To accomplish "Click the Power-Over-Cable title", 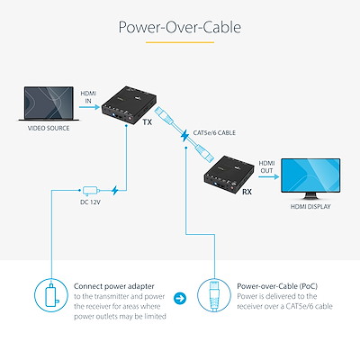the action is (x=180, y=27).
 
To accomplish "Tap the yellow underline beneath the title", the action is (x=180, y=42).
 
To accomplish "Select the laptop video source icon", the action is (x=49, y=103).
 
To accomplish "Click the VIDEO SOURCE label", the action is (x=49, y=129).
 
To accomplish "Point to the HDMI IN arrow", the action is (x=89, y=107).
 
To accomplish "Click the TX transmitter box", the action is (x=130, y=104).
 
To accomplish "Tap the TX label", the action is (x=148, y=122).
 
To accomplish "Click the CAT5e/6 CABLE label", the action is (x=214, y=132).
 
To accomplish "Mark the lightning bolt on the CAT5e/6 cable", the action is (x=184, y=137).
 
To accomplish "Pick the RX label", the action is (x=247, y=192).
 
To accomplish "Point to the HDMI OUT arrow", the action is (x=268, y=176).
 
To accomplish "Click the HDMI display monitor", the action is (x=310, y=179).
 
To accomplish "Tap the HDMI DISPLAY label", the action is (x=310, y=207).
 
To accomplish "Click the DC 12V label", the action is (x=90, y=202).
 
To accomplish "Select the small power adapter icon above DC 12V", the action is (x=90, y=191).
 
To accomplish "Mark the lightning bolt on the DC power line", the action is (x=115, y=190).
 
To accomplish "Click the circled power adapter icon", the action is (x=51, y=295).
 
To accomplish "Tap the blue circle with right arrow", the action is (x=180, y=298).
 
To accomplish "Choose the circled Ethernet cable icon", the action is (x=214, y=295).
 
